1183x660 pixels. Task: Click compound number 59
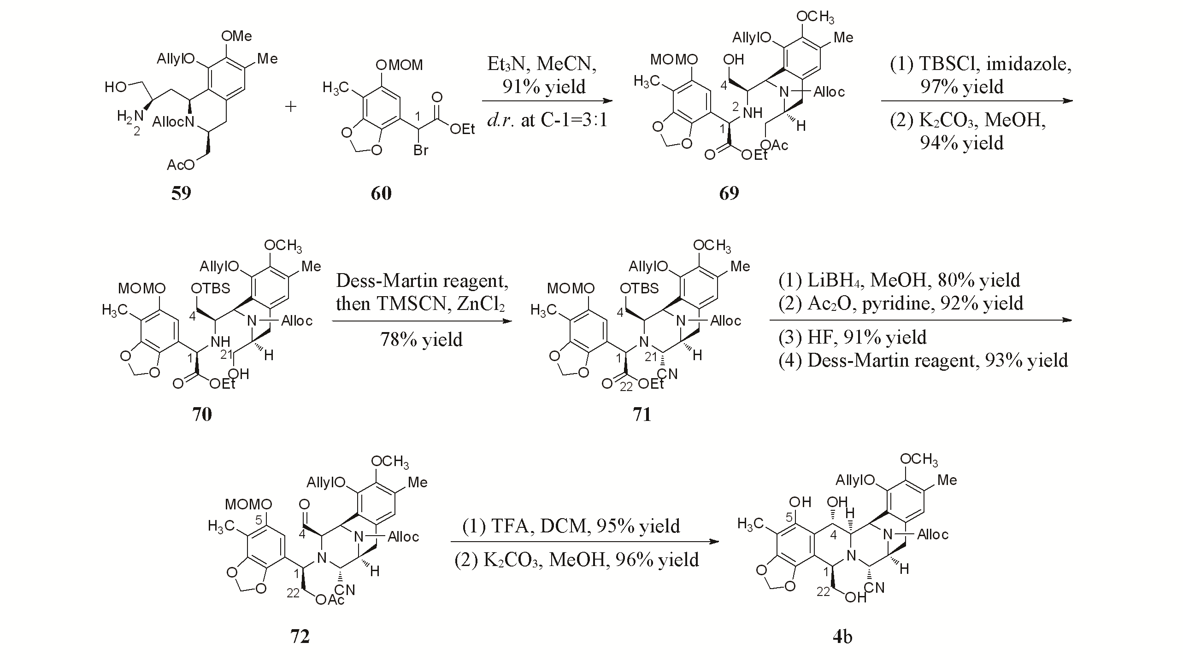[181, 193]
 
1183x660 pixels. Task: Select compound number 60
[381, 193]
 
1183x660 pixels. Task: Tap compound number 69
[729, 193]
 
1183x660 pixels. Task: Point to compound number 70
[202, 414]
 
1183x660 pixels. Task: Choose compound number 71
[642, 414]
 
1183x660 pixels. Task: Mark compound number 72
[300, 636]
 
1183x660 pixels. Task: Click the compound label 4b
[842, 636]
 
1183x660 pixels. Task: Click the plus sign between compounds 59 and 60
[291, 107]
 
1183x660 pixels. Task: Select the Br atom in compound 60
[421, 150]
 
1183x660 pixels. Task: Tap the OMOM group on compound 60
[399, 65]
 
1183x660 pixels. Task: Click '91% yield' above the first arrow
[544, 87]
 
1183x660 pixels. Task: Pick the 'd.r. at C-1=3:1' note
[547, 120]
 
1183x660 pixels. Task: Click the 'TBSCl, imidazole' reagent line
[981, 64]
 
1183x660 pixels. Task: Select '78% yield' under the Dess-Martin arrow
[421, 340]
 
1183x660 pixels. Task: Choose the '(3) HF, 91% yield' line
[853, 337]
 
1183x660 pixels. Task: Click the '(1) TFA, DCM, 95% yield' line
[571, 526]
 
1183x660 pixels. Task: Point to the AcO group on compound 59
[180, 164]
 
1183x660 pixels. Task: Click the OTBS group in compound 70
[210, 288]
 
